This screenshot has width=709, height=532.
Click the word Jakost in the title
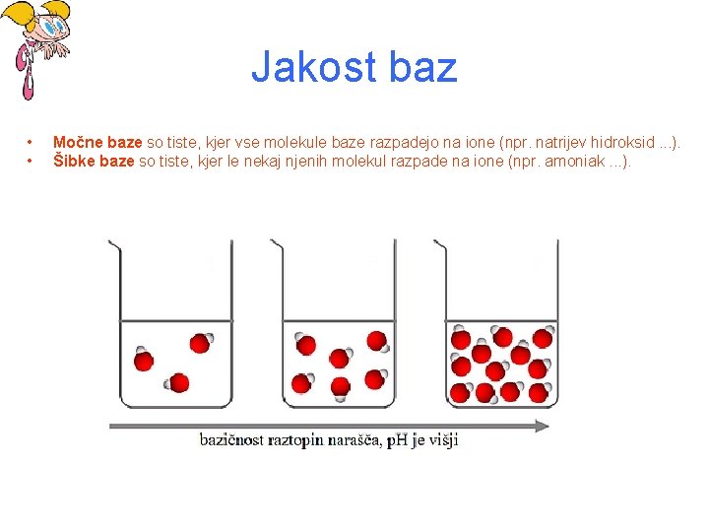tap(314, 67)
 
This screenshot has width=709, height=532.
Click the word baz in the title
tap(423, 67)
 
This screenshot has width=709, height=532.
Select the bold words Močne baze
tap(97, 142)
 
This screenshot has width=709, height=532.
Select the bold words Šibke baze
tap(94, 161)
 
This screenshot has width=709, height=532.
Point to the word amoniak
tap(575, 161)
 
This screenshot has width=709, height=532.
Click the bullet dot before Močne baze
tap(30, 143)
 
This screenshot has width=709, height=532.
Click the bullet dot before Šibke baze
tap(30, 161)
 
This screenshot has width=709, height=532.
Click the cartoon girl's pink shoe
tap(28, 88)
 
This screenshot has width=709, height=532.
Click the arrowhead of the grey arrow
tap(542, 426)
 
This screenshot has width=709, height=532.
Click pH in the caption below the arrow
tap(398, 440)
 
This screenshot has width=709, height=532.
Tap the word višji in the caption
tap(443, 440)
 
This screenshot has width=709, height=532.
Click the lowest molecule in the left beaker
tap(177, 383)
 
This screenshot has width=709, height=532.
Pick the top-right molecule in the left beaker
tap(201, 343)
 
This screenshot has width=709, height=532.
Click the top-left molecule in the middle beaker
tap(304, 344)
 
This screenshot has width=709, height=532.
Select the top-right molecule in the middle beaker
tap(378, 342)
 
